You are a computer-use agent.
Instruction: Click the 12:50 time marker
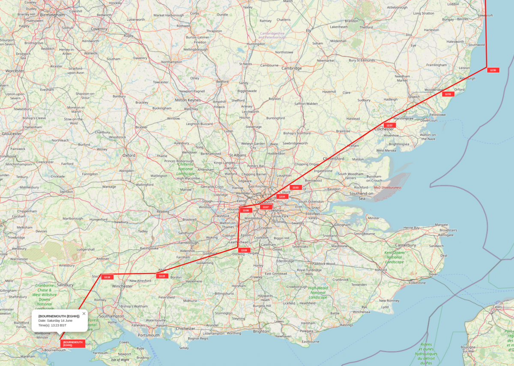click(493, 70)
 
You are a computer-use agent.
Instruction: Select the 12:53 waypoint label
click(448, 94)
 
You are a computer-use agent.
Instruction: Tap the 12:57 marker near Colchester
click(389, 125)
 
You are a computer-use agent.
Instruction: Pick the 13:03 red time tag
click(295, 187)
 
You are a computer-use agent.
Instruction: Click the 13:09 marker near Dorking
click(244, 250)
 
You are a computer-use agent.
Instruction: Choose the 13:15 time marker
click(161, 276)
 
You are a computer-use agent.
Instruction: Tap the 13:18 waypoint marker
click(107, 277)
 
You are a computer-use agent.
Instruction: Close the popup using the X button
click(84, 314)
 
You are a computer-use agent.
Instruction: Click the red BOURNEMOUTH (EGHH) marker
click(72, 343)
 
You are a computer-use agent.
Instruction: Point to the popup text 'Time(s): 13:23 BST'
click(52, 325)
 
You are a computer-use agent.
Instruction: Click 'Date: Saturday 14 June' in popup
click(55, 320)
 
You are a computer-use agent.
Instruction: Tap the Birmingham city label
click(52, 15)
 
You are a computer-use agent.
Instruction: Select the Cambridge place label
click(291, 68)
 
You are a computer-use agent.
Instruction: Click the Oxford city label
click(128, 156)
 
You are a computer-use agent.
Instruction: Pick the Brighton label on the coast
click(261, 331)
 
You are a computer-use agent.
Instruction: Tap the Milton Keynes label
click(188, 100)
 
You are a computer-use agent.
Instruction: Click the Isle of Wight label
click(120, 360)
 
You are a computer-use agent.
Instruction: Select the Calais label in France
click(497, 306)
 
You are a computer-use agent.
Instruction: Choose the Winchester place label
click(122, 286)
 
